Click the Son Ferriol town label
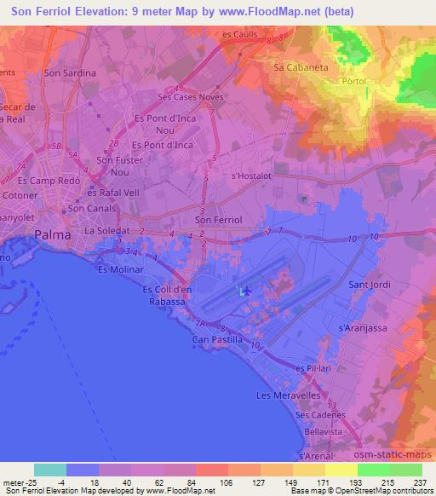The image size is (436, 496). point(219,219)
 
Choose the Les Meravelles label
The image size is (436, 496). point(288,395)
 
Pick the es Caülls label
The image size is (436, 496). point(238,34)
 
